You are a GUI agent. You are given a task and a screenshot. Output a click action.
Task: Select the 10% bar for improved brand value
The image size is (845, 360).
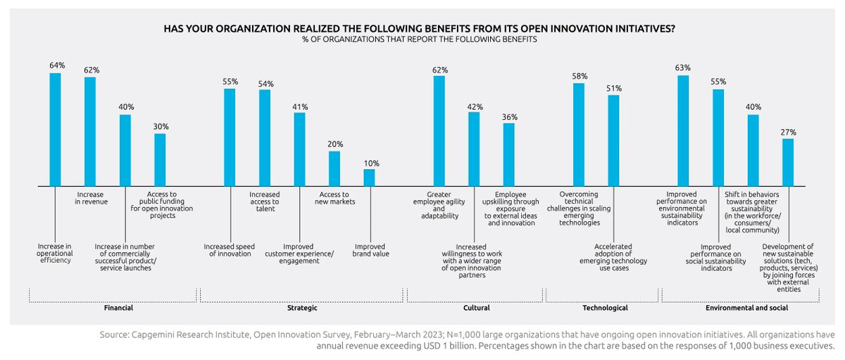coord(369,177)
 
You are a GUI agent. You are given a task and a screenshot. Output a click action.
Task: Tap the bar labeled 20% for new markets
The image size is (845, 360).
coord(334,168)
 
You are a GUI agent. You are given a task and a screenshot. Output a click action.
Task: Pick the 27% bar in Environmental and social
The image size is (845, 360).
coord(788,162)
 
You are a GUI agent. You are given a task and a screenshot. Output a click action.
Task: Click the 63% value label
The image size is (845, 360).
coord(682,68)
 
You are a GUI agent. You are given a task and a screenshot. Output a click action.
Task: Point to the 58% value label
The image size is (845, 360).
coord(579,75)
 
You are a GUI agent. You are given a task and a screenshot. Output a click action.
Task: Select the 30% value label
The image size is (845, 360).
coord(161,126)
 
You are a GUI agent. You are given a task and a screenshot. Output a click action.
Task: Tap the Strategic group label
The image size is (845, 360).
coord(303,309)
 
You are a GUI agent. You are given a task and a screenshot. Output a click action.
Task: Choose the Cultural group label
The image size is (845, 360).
coord(476,309)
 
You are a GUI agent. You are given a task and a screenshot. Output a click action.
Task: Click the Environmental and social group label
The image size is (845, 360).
coord(746,309)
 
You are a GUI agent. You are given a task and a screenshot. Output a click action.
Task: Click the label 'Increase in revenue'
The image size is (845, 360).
coord(90,197)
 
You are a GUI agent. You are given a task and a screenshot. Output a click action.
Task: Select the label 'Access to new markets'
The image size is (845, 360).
coord(334,197)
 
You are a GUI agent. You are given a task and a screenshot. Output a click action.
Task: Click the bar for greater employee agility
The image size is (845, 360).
coord(439,130)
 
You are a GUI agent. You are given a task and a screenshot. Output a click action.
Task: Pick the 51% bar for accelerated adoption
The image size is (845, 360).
coord(613,140)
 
